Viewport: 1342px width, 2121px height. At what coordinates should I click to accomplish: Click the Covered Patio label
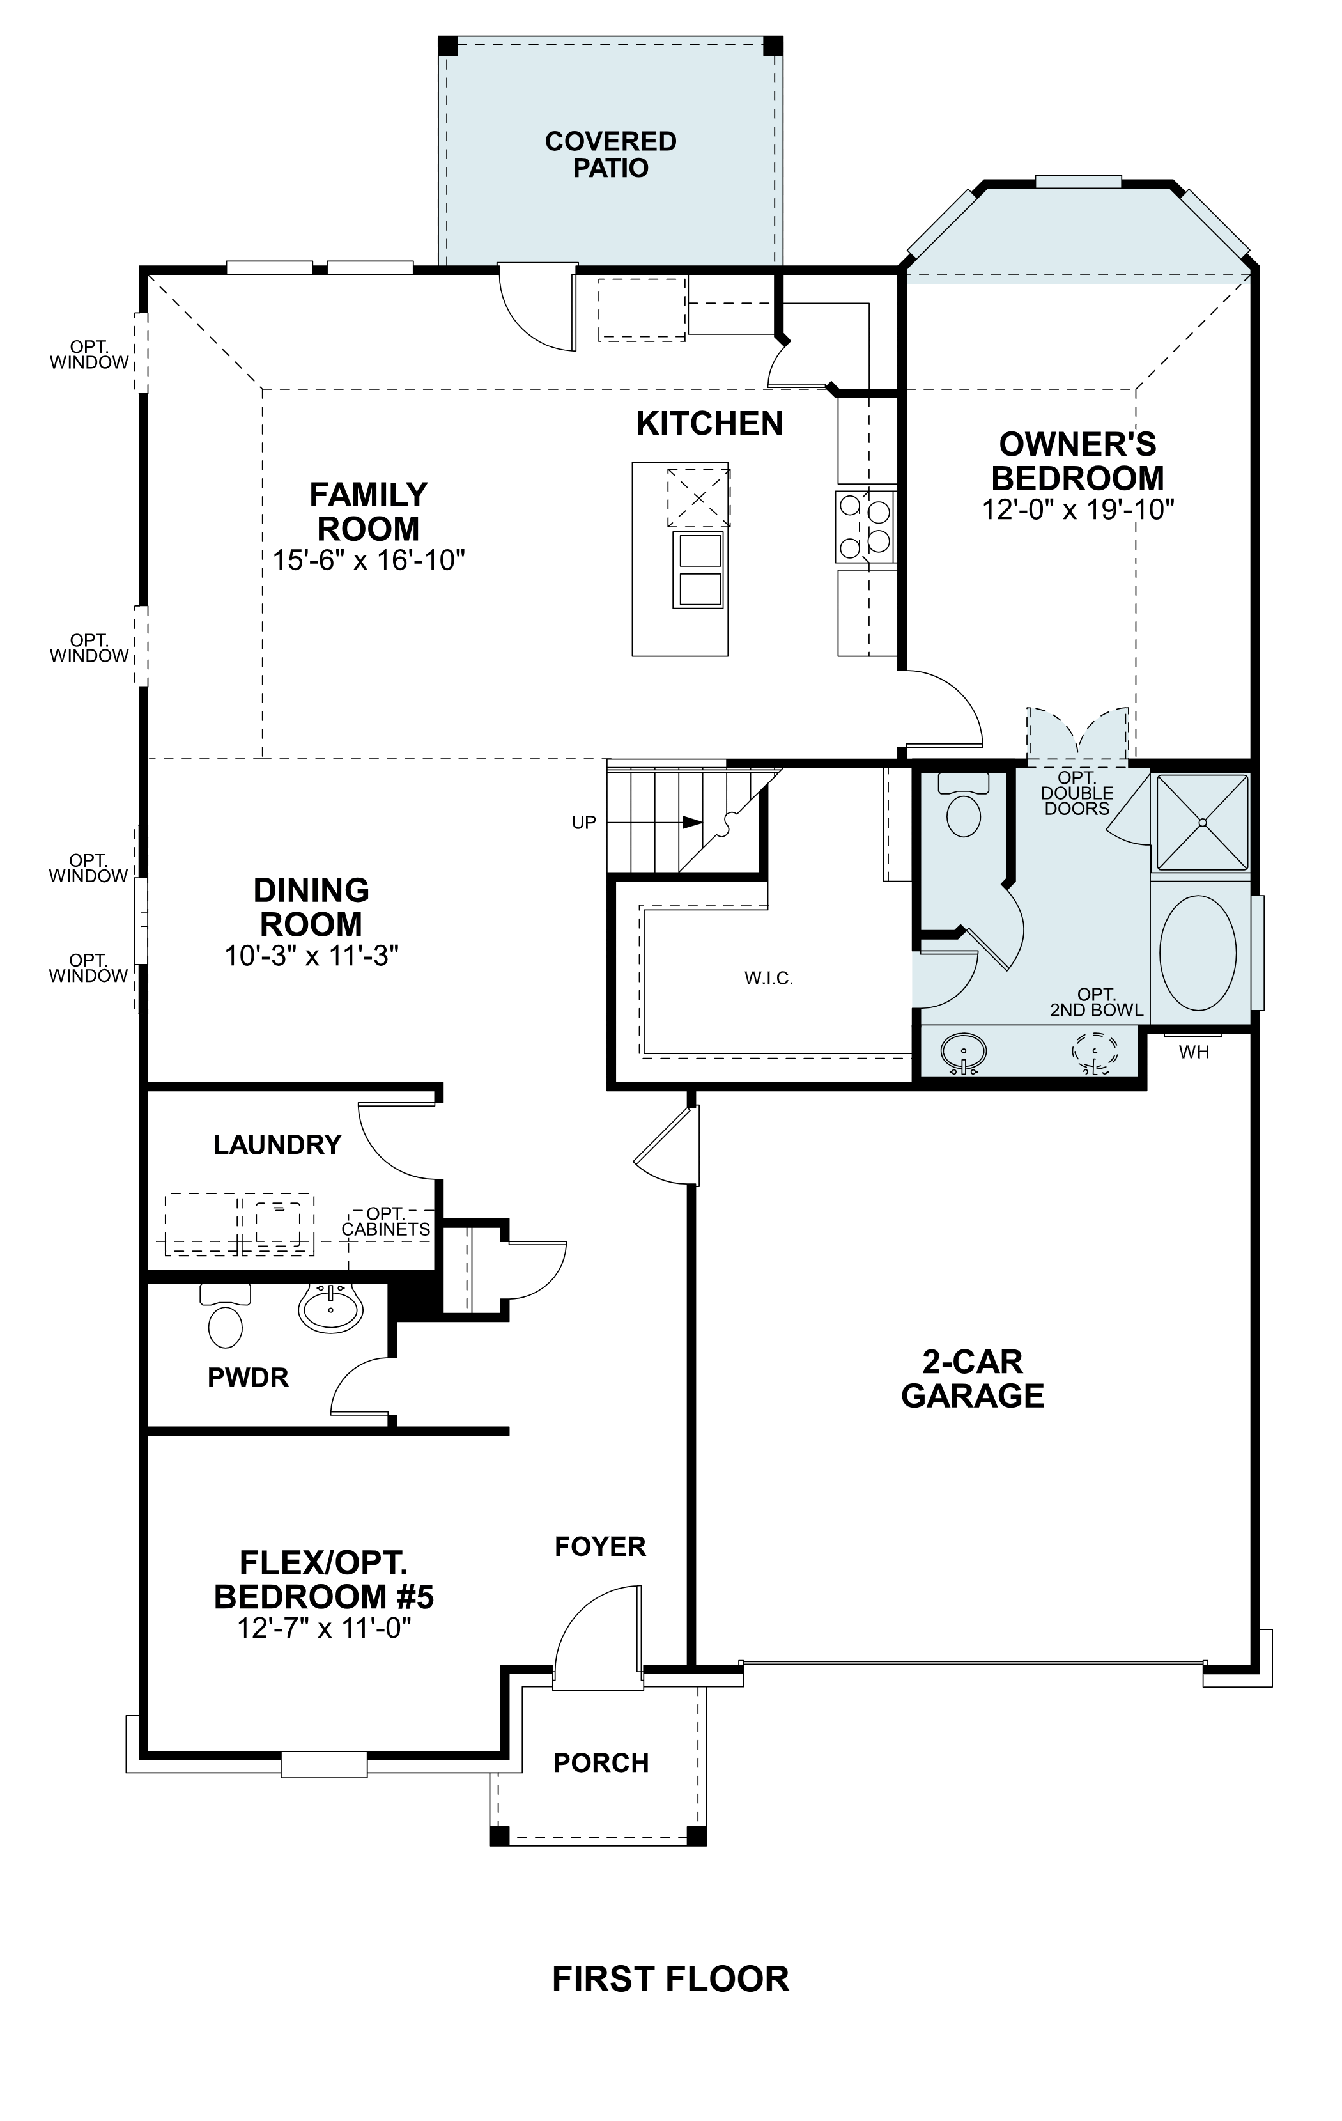pos(610,154)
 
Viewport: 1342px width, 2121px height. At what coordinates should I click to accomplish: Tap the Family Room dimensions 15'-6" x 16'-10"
pos(368,560)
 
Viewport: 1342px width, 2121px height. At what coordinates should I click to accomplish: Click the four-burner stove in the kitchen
pos(865,527)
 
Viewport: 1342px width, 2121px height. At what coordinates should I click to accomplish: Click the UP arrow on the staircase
pos(692,822)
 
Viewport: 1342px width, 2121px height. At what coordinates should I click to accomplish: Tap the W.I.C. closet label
pos(769,977)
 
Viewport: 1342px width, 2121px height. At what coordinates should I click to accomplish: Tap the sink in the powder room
pos(330,1308)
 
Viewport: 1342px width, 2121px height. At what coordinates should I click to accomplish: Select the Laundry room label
pos(277,1144)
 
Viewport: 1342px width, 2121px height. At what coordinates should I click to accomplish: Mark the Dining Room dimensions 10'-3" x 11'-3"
pos(312,956)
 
